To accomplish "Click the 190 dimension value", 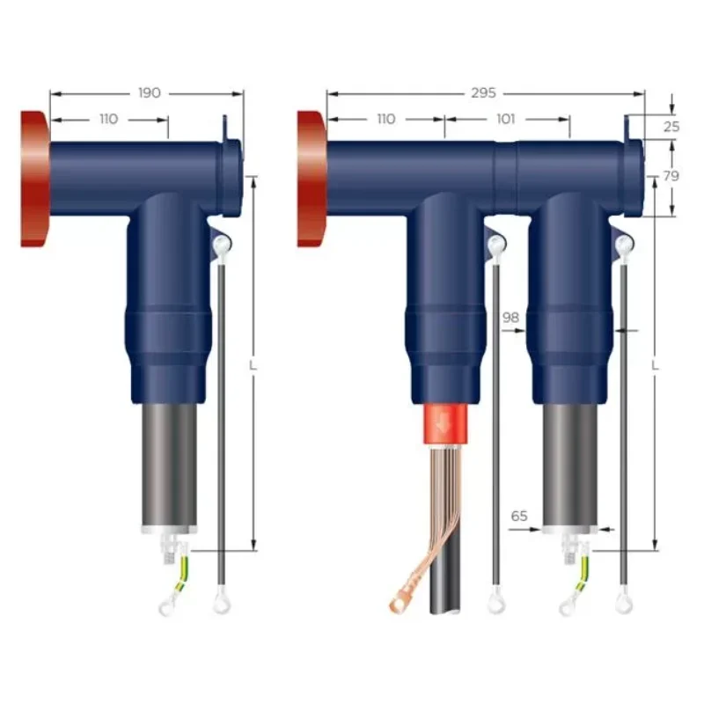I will [150, 92].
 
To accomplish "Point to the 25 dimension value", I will [671, 126].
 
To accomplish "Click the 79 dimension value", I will [671, 176].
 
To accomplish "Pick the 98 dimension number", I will [510, 317].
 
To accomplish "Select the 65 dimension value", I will [519, 517].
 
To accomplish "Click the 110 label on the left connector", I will [108, 119].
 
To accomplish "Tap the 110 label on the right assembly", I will [385, 119].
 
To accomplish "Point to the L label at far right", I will [655, 363].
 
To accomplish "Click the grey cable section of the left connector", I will [168, 466].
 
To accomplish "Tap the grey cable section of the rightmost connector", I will [568, 466].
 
